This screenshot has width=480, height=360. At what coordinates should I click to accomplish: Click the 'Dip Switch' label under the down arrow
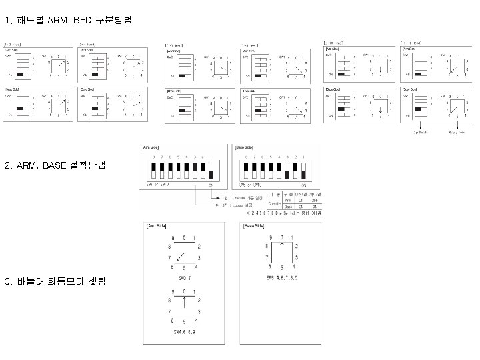coord(421,133)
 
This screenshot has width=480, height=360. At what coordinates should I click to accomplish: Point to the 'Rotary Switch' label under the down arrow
coord(457,133)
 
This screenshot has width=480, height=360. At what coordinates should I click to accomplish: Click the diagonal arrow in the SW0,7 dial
coord(181,259)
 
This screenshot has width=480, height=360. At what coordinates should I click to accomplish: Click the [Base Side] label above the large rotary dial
coord(253,227)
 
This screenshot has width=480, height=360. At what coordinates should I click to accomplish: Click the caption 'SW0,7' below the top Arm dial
coord(185,276)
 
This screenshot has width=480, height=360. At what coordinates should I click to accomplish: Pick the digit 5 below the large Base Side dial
coord(282,267)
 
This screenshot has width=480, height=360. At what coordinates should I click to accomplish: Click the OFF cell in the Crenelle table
coord(315,199)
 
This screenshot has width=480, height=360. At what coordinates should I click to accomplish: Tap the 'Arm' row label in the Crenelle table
coord(288,199)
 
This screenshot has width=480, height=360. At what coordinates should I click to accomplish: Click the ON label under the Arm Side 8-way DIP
coord(212,185)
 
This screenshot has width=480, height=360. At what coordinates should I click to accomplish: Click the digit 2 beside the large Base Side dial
coord(297,247)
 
